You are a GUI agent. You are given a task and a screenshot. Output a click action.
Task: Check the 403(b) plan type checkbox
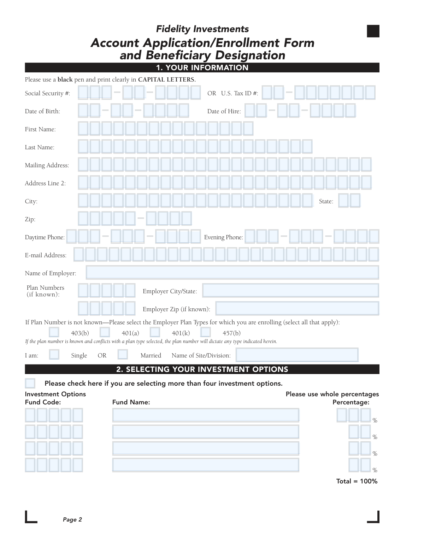click(54, 332)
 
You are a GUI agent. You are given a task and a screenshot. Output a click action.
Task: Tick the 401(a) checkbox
click(105, 332)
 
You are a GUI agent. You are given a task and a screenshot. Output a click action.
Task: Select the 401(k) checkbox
click(155, 332)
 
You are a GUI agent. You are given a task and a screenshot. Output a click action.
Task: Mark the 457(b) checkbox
click(205, 332)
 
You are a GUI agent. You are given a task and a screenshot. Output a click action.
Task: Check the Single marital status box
click(54, 355)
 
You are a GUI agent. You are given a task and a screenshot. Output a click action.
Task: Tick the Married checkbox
click(123, 355)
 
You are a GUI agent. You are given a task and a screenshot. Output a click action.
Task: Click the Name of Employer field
click(232, 272)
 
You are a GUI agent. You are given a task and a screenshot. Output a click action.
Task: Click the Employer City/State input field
click(290, 290)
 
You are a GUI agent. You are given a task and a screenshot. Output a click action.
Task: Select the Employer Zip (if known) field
click(297, 308)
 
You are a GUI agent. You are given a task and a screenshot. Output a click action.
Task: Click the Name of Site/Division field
click(297, 355)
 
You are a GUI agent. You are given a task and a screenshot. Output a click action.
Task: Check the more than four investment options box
click(30, 383)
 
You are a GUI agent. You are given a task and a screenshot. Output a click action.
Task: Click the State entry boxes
click(349, 201)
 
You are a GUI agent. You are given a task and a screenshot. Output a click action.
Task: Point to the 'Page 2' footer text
click(72, 519)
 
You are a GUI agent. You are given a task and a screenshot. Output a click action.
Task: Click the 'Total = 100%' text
click(357, 481)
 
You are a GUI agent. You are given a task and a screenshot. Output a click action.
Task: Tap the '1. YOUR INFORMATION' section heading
click(202, 68)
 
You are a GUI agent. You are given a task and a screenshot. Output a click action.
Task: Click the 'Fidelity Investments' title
click(202, 29)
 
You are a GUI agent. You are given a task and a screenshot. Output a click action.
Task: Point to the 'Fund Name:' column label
click(131, 402)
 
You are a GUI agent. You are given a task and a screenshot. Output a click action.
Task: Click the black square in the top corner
click(373, 31)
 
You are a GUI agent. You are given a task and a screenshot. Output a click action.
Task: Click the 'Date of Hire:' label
click(224, 112)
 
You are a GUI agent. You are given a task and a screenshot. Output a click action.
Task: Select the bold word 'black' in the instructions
click(65, 80)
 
